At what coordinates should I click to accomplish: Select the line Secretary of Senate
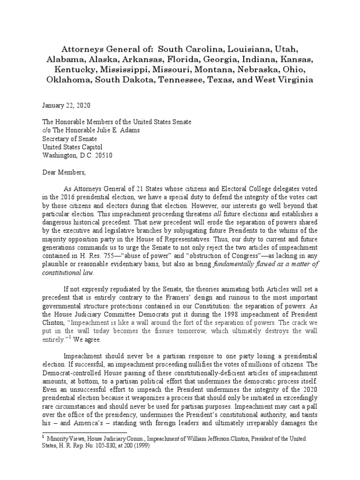[75, 138]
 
